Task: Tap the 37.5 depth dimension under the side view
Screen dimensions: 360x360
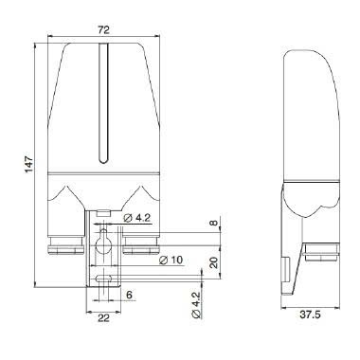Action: click(310, 314)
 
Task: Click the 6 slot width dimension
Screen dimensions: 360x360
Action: click(129, 295)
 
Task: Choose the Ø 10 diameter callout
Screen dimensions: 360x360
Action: click(171, 259)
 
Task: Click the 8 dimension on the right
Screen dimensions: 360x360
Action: click(214, 225)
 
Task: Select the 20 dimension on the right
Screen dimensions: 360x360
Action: click(214, 262)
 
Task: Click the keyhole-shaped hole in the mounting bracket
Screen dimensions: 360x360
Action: click(104, 247)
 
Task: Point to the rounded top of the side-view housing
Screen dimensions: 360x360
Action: click(313, 57)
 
